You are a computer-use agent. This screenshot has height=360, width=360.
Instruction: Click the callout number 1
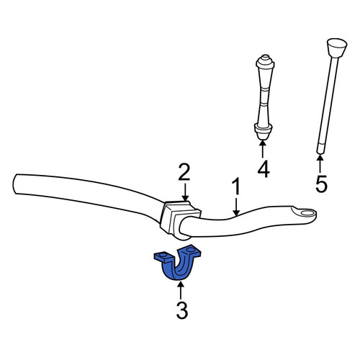click(236, 186)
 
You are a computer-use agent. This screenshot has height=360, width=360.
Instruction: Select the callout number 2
click(184, 172)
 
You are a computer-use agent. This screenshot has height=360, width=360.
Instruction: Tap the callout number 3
click(182, 310)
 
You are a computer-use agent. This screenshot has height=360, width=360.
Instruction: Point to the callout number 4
click(264, 169)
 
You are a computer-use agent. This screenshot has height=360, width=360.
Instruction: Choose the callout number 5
click(321, 184)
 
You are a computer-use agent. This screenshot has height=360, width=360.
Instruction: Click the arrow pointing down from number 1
click(236, 206)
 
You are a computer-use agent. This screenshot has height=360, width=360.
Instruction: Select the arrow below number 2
click(185, 192)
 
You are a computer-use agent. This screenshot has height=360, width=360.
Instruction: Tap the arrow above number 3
click(181, 291)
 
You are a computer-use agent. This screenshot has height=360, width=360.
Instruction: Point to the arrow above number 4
click(263, 150)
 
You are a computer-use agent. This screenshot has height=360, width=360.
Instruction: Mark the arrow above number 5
click(320, 164)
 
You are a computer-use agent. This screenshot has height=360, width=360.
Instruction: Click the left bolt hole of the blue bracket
click(163, 255)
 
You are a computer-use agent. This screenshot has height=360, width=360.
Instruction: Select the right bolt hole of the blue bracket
click(190, 250)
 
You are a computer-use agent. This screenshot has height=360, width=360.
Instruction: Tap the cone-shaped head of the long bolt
click(337, 48)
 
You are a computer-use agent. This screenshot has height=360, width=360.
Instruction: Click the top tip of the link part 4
click(265, 55)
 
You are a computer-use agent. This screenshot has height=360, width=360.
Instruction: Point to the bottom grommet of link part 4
click(263, 132)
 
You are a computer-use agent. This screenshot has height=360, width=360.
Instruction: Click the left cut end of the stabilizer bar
click(14, 184)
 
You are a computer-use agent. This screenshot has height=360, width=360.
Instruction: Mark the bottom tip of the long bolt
click(320, 153)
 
